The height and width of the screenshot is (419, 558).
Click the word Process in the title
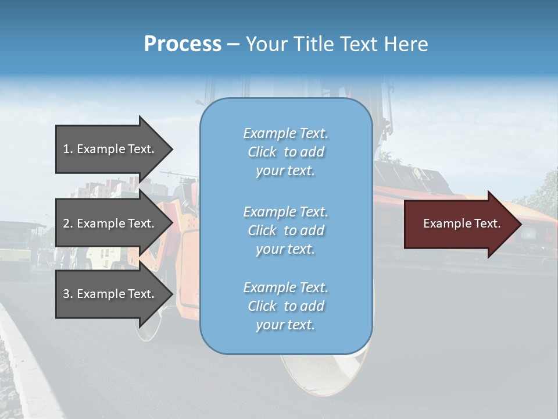[x=183, y=44]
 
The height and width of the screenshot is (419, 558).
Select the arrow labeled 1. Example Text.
[x=110, y=149]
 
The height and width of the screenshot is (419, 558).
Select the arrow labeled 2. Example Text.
[x=110, y=223]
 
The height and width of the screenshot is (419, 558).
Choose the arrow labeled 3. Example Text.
[x=110, y=294]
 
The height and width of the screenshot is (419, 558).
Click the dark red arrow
[x=459, y=224]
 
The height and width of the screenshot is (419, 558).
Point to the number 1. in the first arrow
[x=67, y=149]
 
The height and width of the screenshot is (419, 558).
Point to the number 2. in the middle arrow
[x=67, y=223]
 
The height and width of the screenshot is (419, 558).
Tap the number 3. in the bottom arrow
[x=67, y=294]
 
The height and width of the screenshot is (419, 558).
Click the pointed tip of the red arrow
[x=520, y=224]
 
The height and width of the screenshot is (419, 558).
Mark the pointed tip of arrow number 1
[x=171, y=149]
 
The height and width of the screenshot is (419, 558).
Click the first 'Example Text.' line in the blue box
[x=286, y=133]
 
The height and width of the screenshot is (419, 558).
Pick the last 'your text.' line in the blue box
[x=285, y=325]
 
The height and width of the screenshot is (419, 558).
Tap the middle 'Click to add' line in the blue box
[x=286, y=230]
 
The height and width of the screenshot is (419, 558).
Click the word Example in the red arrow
[x=443, y=223]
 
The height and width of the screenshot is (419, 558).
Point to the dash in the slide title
[x=234, y=45]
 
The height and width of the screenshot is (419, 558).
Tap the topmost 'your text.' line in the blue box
[x=285, y=171]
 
